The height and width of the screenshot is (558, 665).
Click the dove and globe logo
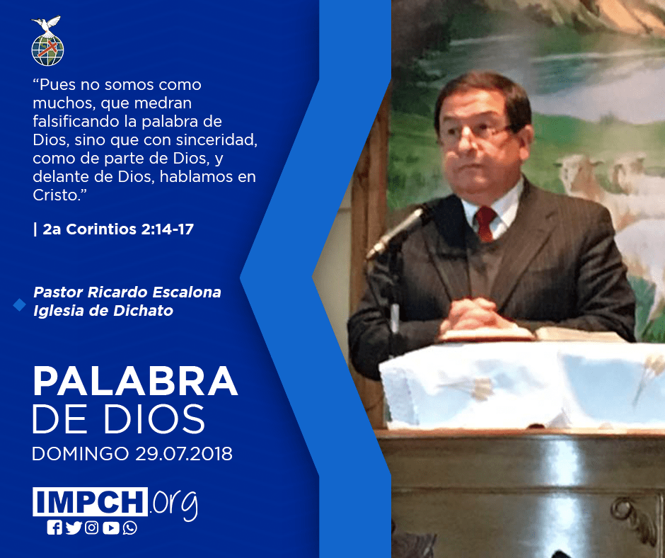[47, 41]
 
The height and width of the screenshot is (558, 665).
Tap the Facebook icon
[54, 528]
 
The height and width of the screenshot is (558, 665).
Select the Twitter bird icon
[74, 528]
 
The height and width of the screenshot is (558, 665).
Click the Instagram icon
[91, 528]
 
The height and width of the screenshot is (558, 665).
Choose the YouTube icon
[110, 528]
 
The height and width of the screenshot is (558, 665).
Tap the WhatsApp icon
[129, 528]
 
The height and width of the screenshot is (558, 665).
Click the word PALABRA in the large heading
[135, 382]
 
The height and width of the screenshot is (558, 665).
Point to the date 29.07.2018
[184, 453]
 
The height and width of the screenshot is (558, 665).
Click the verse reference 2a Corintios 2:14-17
[118, 229]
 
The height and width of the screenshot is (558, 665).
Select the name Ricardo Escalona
[154, 292]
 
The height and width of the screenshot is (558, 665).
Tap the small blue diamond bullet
[20, 304]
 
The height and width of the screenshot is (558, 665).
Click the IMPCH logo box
[90, 501]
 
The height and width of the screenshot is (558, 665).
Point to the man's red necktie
[485, 223]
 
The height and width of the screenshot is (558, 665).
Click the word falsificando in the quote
[76, 122]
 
